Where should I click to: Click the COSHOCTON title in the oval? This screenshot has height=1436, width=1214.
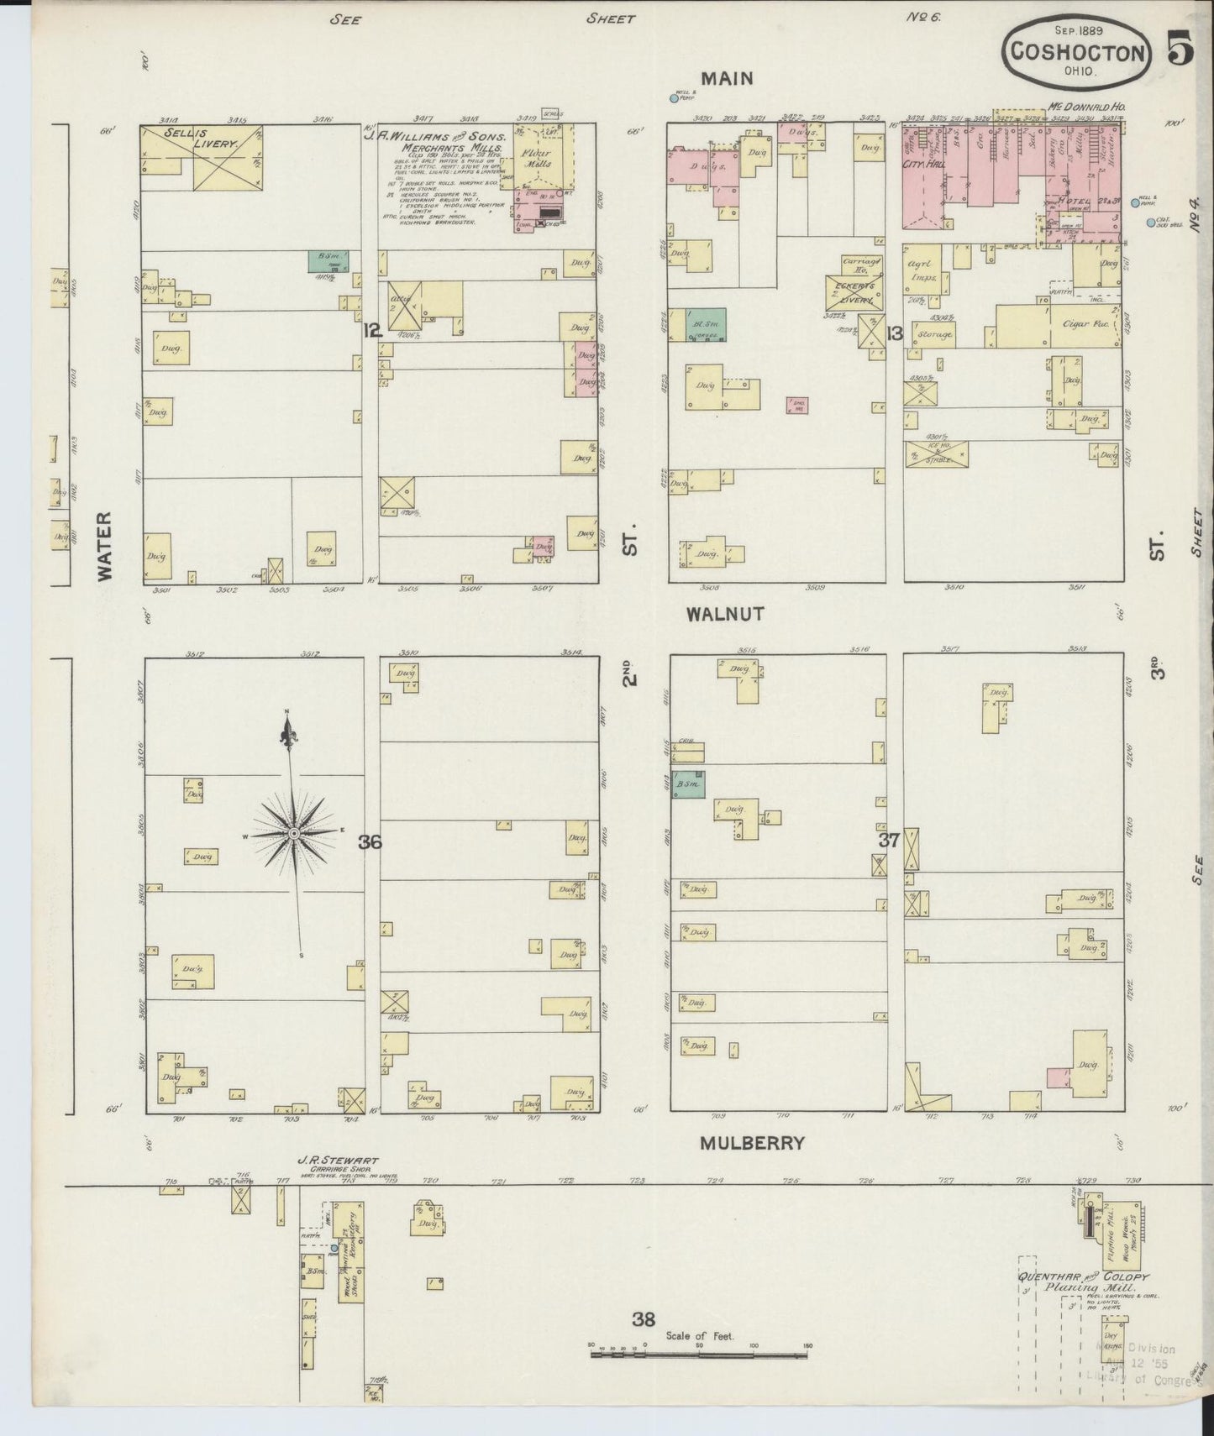[x=1078, y=52]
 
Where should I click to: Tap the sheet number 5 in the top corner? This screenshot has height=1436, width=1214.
[x=1180, y=52]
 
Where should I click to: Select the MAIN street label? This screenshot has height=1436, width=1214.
[x=727, y=79]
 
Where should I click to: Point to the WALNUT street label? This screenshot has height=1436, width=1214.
[x=725, y=614]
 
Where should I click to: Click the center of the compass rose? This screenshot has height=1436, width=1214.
[x=294, y=832]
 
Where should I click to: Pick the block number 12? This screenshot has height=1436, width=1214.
[x=372, y=331]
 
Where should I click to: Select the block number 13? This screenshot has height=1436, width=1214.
[x=893, y=333]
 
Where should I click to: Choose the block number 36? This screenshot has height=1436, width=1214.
[x=370, y=841]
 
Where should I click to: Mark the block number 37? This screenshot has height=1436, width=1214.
[x=890, y=840]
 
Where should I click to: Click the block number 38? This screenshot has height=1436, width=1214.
[x=644, y=1319]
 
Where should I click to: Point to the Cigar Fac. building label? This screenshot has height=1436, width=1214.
[x=1089, y=323]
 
